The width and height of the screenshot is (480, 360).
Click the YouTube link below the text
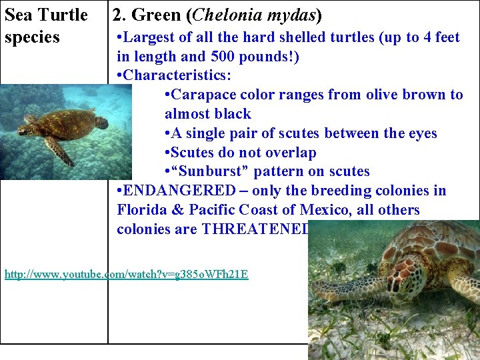click(x=127, y=274)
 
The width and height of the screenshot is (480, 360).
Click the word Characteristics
click(x=169, y=75)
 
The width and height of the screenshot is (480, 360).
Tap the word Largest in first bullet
click(x=151, y=37)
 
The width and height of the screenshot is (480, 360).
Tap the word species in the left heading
click(x=32, y=37)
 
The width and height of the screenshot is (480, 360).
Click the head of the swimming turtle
click(x=101, y=122)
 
